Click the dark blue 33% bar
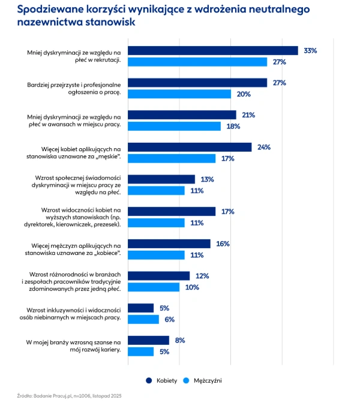[x=214, y=51]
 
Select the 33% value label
[x=310, y=51]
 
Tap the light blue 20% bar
[x=180, y=94]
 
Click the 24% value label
[x=263, y=148]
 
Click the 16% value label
[x=223, y=244]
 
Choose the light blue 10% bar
[x=154, y=287]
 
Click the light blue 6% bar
[x=144, y=320]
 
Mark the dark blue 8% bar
[x=149, y=341]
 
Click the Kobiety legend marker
[x=148, y=380]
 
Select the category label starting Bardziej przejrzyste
[x=74, y=88]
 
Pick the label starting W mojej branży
[x=73, y=346]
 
